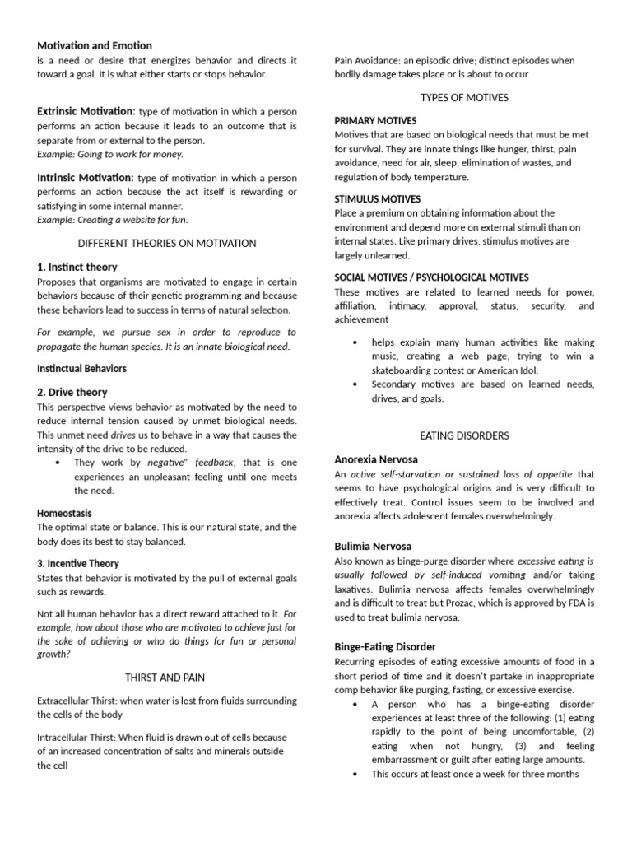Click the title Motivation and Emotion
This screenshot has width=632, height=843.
[x=95, y=45]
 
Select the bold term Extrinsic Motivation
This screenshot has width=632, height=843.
[x=86, y=111]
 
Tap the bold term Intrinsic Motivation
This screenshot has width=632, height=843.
[x=85, y=177]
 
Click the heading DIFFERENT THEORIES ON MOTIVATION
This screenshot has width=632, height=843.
[x=167, y=243]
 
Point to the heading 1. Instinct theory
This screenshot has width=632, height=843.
[x=77, y=267]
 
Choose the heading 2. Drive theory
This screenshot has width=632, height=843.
[x=72, y=392]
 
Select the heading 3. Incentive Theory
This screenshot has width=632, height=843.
[x=78, y=563]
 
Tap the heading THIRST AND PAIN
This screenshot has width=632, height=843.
[x=165, y=677]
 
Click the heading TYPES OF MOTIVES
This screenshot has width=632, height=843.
[x=464, y=97]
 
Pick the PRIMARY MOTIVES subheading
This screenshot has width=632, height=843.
[x=375, y=121]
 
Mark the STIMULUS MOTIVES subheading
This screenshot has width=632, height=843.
[x=378, y=199]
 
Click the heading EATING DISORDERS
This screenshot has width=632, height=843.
[x=464, y=435]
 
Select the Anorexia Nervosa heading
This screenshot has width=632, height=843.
[x=376, y=459]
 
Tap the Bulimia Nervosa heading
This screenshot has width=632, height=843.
[x=373, y=546]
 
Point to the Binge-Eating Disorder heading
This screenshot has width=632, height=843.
[x=385, y=646]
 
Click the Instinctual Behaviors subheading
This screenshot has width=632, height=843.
[x=82, y=368]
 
